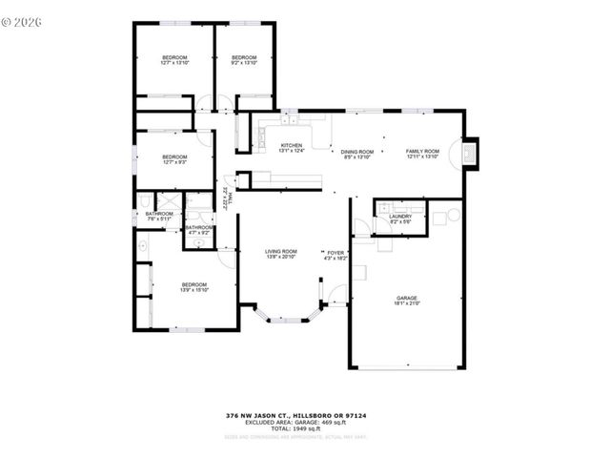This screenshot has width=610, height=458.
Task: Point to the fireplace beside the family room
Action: click(470, 154)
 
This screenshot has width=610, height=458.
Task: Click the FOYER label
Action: click(336, 255)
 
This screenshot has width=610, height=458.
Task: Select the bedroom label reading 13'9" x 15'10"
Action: click(194, 287)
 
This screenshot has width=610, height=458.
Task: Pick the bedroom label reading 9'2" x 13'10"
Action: click(245, 59)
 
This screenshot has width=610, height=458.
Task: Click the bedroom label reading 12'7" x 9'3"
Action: click(174, 159)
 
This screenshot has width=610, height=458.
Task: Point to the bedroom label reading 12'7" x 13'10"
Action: click(174, 59)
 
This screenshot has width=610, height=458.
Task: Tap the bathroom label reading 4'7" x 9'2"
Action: click(198, 229)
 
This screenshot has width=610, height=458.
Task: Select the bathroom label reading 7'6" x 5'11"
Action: click(159, 216)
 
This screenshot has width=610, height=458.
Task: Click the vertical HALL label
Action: click(228, 198)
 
